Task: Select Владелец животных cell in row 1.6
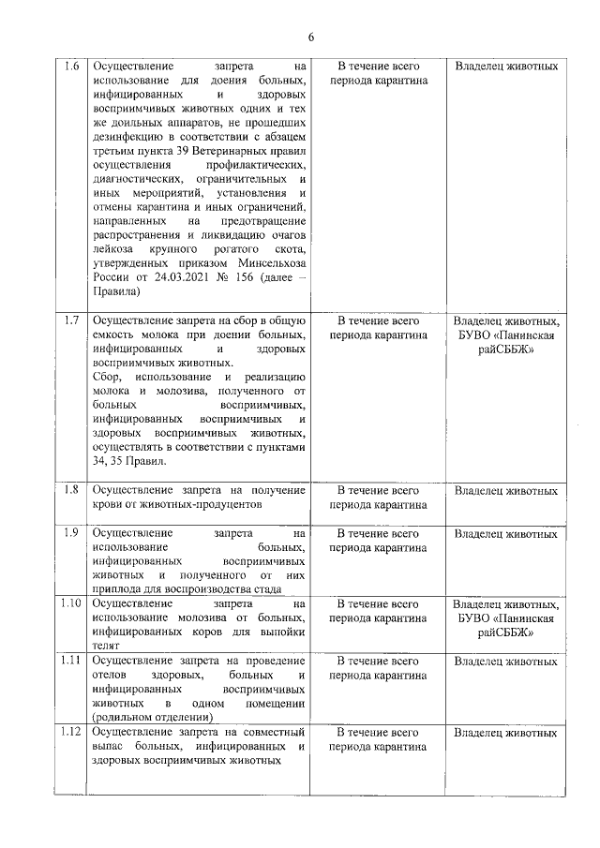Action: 505,67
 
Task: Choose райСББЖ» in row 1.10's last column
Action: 505,632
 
